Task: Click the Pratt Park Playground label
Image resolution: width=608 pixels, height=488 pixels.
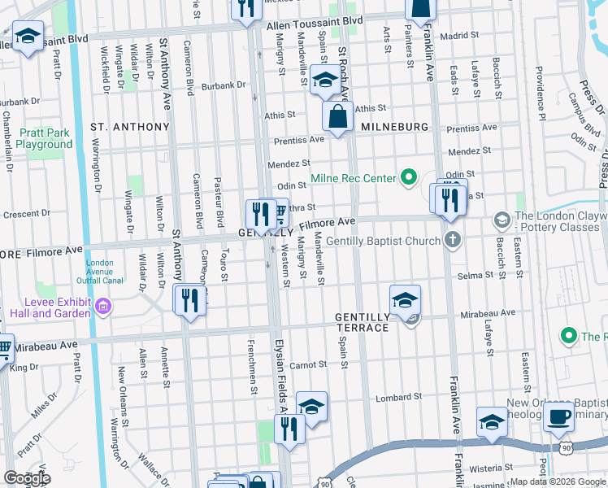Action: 44,138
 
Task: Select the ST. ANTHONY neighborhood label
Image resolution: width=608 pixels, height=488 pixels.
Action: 129,127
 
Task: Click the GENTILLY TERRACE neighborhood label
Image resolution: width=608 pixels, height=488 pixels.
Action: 363,321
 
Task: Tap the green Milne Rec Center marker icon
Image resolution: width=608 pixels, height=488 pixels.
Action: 407,178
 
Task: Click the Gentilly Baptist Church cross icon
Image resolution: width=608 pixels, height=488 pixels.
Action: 453,239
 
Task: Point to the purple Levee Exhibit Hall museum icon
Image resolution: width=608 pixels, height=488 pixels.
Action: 103,307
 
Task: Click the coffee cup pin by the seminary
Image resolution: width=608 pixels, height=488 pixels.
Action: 558,417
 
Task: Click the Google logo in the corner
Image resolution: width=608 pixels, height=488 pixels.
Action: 27,478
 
